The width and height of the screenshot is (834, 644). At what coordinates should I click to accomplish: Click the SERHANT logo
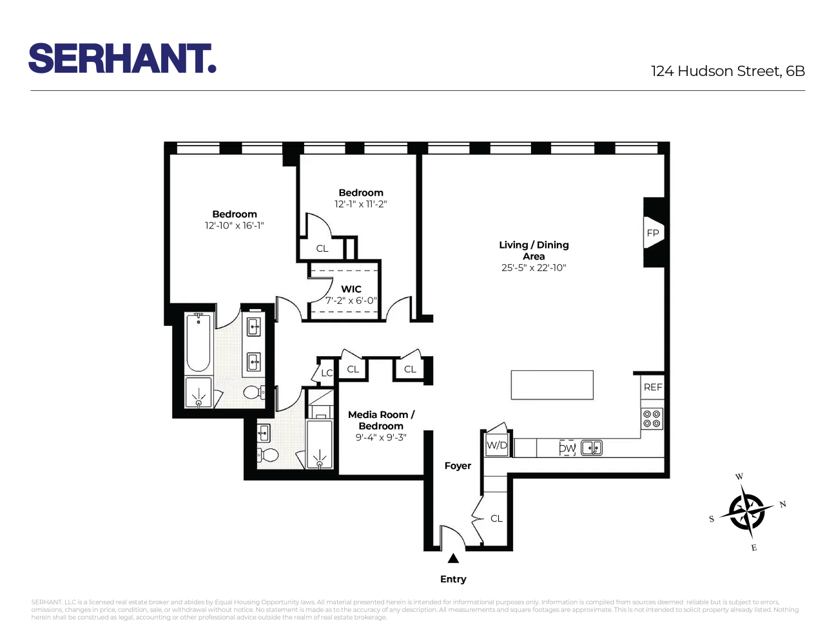[122, 59]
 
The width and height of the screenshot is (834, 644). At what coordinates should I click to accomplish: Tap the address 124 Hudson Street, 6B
[728, 71]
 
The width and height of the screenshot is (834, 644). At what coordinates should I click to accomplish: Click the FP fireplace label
[653, 233]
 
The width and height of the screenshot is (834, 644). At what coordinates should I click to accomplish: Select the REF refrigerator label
[653, 387]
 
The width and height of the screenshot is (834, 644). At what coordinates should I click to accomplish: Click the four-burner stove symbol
[652, 419]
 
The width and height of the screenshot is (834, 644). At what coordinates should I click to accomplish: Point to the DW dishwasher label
[567, 448]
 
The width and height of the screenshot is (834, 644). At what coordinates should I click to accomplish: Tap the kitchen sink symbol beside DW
[592, 448]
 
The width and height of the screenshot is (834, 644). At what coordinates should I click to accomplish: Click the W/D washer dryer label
[497, 445]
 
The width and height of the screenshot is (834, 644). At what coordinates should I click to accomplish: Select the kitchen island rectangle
[552, 385]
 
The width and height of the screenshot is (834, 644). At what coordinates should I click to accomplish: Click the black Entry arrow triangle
[453, 558]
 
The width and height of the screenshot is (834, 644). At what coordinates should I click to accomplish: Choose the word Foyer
[458, 466]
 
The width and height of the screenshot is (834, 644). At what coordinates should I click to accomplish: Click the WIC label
[351, 289]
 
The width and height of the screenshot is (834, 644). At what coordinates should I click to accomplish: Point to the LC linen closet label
[327, 373]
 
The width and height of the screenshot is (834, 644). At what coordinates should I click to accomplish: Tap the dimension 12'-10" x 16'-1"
[235, 226]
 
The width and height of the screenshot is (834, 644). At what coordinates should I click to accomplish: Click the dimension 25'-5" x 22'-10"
[534, 268]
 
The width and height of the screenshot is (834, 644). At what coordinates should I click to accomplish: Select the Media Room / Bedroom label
[381, 420]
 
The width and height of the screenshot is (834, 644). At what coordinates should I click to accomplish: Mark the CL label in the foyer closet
[496, 518]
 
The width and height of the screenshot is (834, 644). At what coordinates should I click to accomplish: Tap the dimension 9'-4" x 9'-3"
[381, 438]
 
